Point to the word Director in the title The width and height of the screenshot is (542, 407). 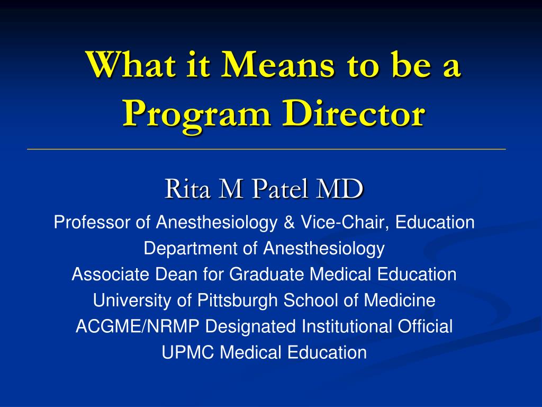[353, 113]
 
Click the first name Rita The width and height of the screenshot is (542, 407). [187, 189]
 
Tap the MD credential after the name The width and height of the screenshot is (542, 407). [340, 189]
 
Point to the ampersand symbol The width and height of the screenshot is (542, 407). [289, 222]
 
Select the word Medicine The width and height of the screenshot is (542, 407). [399, 300]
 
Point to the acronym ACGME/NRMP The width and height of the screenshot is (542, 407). [137, 326]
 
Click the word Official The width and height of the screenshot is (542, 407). [425, 326]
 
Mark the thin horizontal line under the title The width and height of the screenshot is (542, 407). [267, 149]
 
